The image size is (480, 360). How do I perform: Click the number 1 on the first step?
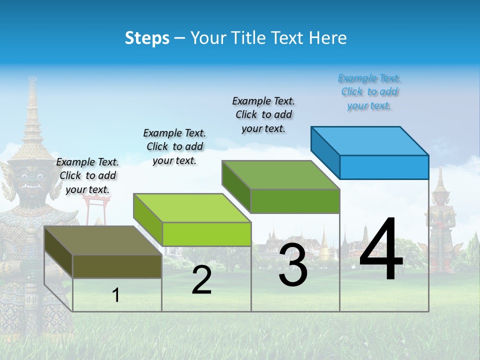116,295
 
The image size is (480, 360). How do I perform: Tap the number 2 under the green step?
201,280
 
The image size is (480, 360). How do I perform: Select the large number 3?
293,265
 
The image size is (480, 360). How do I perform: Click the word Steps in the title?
147,38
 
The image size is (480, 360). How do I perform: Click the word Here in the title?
328,38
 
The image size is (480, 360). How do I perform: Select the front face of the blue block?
384,167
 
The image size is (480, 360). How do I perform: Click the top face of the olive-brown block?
102,240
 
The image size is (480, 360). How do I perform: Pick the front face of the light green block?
206,234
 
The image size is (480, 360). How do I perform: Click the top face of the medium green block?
281,175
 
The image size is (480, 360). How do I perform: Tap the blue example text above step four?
369,92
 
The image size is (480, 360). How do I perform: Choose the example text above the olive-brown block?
87,175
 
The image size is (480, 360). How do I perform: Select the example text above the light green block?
174,146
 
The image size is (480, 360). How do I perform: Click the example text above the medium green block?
263,114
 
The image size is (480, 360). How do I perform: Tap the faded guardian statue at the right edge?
441,222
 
